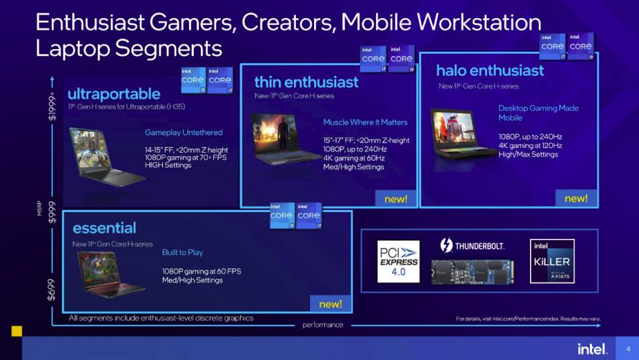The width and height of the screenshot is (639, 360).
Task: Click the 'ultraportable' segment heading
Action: pos(114,94)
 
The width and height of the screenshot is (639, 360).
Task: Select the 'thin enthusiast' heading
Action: pos(306,82)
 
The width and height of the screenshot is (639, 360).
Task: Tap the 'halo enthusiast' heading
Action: pos(490,71)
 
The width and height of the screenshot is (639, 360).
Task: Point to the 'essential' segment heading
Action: pos(104,227)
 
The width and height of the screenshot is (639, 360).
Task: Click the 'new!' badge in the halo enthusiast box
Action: pos(576,199)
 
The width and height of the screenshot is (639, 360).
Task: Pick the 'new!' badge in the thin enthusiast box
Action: pos(396,199)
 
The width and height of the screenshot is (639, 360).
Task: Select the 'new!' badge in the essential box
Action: pos(330,304)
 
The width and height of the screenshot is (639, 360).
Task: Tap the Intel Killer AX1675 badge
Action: pos(552,260)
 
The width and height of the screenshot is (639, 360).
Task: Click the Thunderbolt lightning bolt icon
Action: pos(446,245)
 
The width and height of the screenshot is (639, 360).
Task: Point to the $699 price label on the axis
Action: pos(52,289)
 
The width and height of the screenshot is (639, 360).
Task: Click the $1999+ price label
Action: pos(52,106)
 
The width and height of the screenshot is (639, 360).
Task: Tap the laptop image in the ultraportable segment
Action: pos(105,156)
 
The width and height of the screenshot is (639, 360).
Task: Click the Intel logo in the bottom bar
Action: pos(592,349)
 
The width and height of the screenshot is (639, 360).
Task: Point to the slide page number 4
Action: pos(628,349)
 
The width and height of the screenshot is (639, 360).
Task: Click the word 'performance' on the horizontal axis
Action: pos(322,325)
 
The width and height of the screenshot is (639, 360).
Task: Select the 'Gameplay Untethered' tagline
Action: pos(184,133)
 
